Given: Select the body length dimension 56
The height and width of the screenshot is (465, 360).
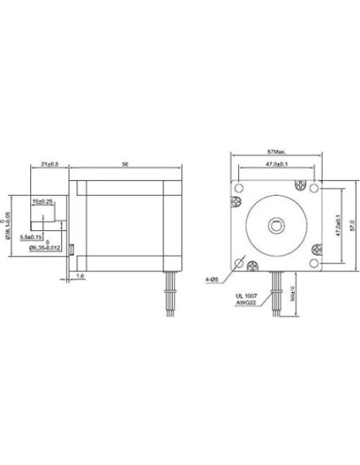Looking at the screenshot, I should [x=126, y=163].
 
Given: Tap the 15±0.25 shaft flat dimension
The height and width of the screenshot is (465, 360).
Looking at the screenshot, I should [x=43, y=202].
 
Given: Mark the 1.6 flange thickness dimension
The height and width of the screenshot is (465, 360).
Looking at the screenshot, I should [x=80, y=275].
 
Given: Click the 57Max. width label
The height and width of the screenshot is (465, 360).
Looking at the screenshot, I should [x=276, y=150].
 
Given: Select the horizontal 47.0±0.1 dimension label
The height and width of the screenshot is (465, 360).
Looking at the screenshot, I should [x=276, y=164].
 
